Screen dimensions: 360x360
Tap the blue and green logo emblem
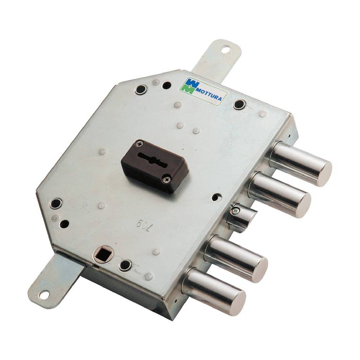coord(190,86)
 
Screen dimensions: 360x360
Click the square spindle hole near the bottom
coord(101,253)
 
